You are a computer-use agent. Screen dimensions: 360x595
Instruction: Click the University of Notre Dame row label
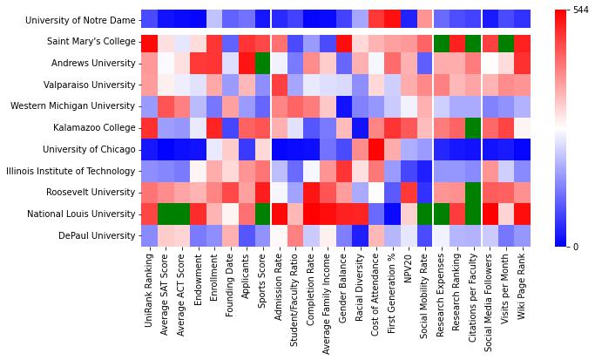point(78,19)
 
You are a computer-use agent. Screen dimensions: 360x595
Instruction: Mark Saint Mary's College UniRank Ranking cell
point(148,41)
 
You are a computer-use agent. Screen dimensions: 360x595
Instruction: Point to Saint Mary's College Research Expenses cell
point(441,41)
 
